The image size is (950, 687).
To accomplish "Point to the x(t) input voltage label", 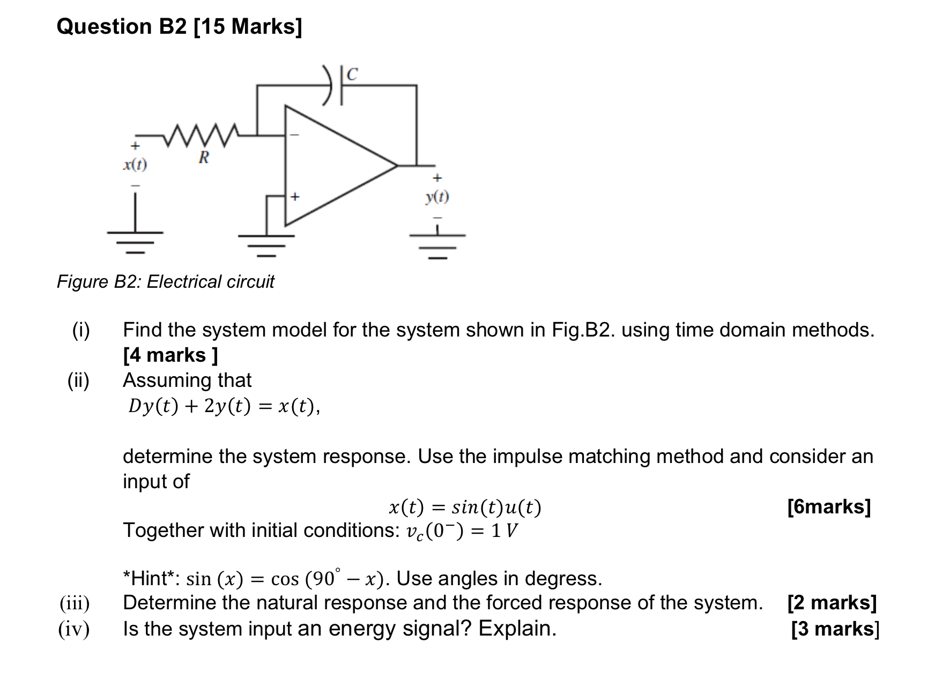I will coord(135,165).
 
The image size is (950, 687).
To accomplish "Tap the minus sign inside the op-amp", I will coord(294,135).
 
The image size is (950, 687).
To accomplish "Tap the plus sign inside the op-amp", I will coord(294,197).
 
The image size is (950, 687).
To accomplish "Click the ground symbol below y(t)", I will coord(437,244).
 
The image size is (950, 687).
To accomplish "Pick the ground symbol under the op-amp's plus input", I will coord(266,243).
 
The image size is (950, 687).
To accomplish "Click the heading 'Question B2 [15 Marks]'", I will coord(179,27).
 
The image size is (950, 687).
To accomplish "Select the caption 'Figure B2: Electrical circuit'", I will coord(165,281).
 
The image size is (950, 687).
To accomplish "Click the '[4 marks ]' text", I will coord(170,355).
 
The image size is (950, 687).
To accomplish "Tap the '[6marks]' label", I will coord(829,506).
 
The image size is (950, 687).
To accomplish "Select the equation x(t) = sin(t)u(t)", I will coord(464,507).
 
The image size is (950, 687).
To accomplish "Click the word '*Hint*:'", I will coord(152,579).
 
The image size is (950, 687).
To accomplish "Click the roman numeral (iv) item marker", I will coord(74,629).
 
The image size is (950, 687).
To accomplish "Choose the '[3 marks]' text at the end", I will coord(835,629).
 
